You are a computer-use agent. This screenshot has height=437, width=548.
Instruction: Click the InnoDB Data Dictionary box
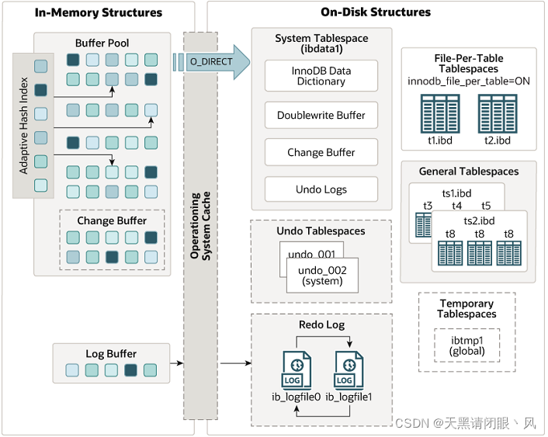(x=321, y=76)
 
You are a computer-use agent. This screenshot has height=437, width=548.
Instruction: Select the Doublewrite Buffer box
(x=321, y=115)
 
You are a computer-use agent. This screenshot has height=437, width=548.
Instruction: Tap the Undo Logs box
(x=321, y=189)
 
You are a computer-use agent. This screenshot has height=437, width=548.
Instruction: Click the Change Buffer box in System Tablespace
(x=321, y=152)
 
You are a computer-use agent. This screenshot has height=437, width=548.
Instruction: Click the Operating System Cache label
(x=200, y=225)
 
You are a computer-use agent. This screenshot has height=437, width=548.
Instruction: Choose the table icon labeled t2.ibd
(x=498, y=114)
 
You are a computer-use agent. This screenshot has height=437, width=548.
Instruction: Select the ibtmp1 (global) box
(x=466, y=345)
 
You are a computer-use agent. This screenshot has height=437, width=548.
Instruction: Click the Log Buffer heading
(x=111, y=354)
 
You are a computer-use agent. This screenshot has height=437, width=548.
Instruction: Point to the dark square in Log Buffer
(x=131, y=370)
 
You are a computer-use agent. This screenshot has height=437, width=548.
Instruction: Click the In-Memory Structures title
(x=99, y=12)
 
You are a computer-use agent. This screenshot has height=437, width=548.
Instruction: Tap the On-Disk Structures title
(x=375, y=12)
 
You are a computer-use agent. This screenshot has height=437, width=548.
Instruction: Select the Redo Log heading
(x=321, y=324)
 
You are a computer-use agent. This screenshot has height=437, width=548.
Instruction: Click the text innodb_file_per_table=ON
(x=469, y=81)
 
